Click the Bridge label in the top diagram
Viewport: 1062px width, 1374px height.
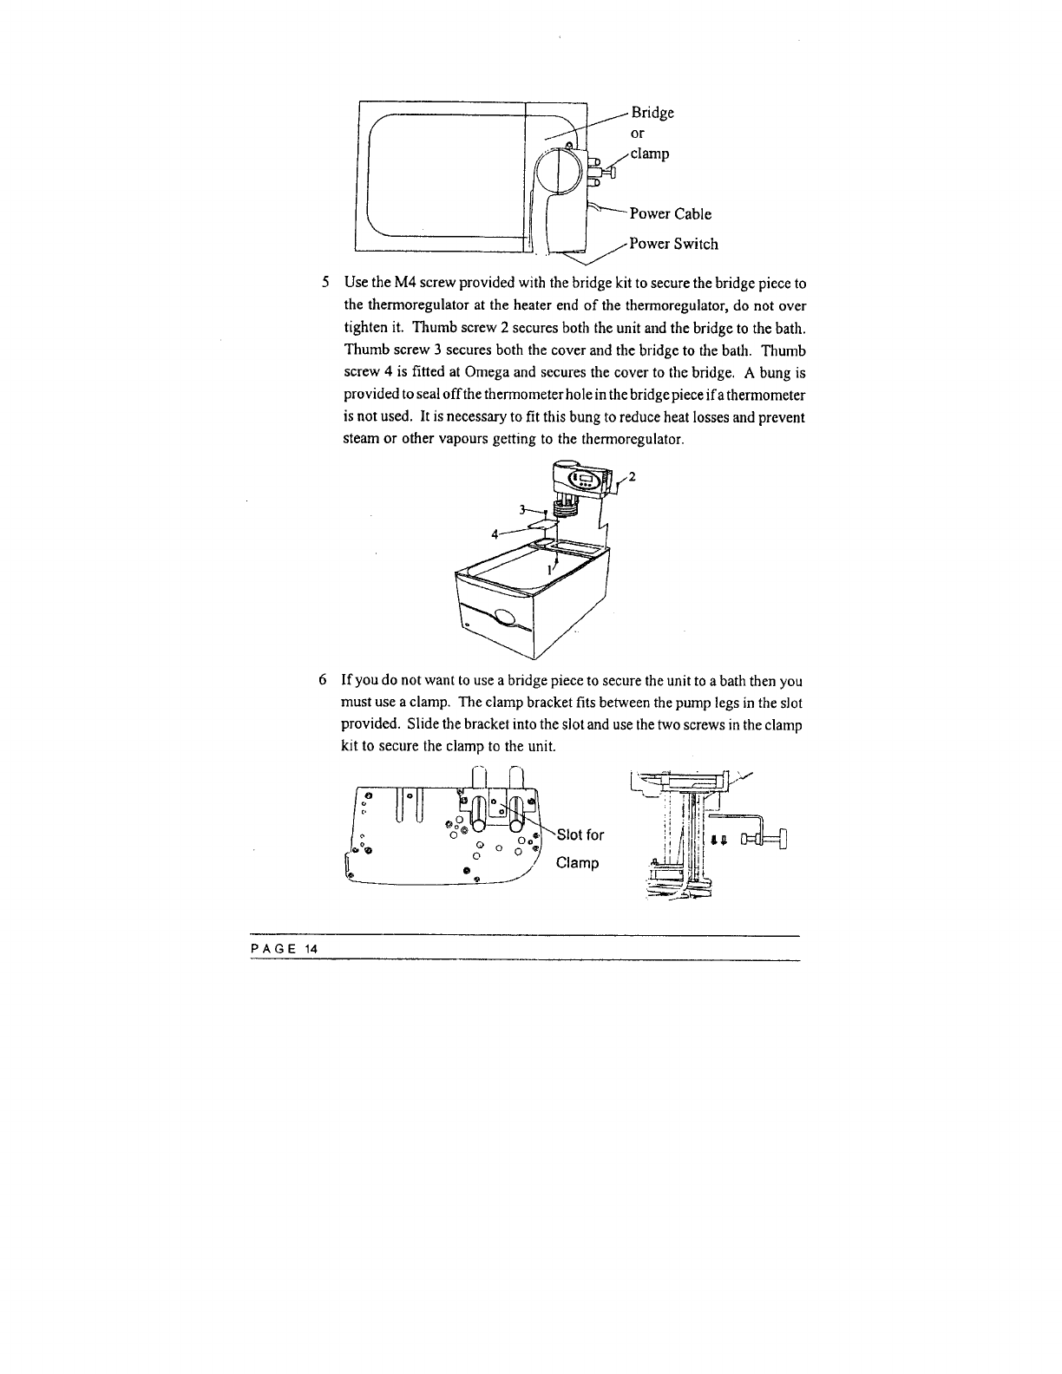pos(652,113)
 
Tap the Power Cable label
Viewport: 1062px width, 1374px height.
pos(670,214)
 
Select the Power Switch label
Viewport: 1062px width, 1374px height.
pos(673,244)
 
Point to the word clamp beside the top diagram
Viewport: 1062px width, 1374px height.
pos(650,154)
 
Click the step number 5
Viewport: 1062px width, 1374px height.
pos(325,283)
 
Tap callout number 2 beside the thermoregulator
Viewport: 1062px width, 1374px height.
pos(633,476)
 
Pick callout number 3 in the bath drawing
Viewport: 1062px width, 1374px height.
pos(523,508)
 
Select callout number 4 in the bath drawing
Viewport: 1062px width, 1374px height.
pos(495,533)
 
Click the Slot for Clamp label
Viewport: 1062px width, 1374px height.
pos(580,848)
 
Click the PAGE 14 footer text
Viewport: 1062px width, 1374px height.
pos(285,949)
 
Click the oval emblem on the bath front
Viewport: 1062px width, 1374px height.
pos(503,618)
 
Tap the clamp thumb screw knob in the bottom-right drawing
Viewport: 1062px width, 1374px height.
pos(782,840)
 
